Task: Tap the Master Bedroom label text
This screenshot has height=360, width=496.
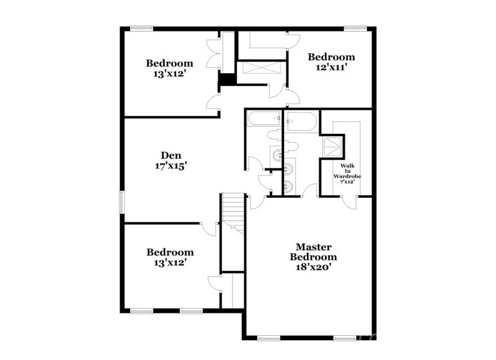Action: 316,252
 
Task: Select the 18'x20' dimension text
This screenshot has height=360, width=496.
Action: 316,268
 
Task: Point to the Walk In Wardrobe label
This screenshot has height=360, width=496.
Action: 347,172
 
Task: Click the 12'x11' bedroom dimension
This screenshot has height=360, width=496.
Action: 332,68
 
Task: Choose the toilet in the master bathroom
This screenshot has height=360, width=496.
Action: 291,146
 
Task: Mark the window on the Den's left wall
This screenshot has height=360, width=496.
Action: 122,202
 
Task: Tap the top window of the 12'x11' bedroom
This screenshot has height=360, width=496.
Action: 355,27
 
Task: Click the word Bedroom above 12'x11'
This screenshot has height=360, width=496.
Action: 332,57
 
